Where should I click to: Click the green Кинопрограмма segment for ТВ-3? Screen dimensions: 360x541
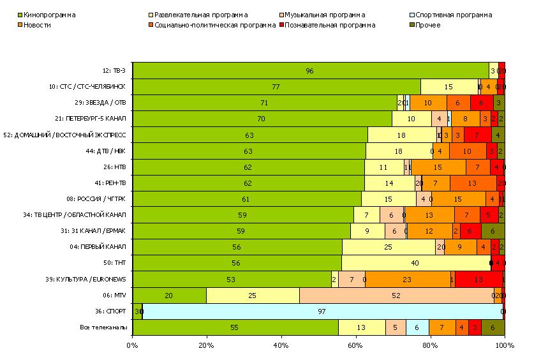310,71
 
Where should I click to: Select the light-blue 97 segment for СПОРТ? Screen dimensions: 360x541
322,311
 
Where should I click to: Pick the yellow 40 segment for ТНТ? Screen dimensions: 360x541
416,263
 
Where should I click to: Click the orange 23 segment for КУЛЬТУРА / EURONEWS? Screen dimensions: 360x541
407,279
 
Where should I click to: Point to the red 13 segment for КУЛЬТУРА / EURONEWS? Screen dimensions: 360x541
478,279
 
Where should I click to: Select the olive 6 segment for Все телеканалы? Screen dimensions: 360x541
493,327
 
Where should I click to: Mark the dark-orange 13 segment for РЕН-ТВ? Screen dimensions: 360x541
473,183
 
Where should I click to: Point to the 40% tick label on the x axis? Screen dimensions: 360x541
281,345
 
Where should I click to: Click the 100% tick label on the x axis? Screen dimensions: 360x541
504,345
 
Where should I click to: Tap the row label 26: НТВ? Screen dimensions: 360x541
115,167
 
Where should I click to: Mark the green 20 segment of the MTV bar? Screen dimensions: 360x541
169,296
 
